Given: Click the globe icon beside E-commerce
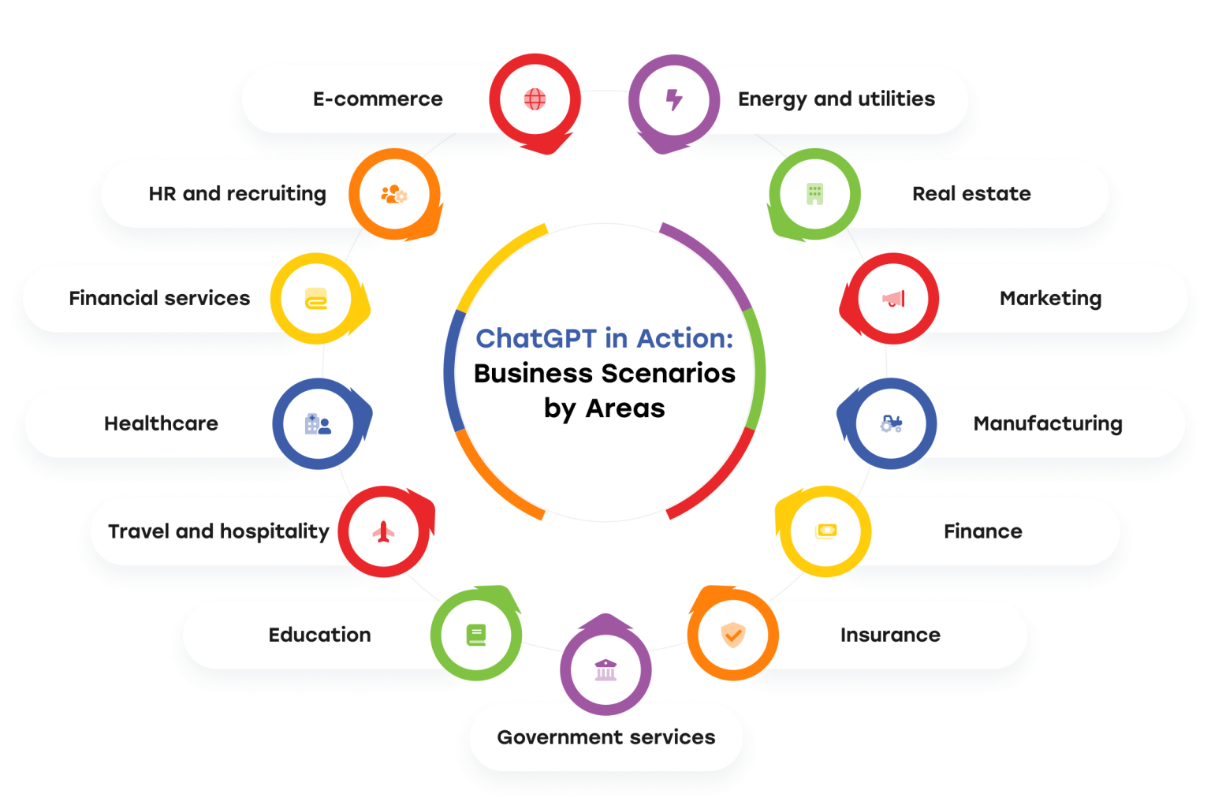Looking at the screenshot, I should point(535,99).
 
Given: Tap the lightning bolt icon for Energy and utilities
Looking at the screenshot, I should point(673,99).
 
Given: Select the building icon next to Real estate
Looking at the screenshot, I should point(814,194).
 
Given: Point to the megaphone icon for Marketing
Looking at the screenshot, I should point(893,299).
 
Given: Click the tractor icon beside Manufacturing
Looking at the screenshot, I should point(891,424).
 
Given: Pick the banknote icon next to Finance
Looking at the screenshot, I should point(825,531).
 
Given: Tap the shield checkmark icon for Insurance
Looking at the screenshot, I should point(733,635).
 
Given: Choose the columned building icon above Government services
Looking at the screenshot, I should point(605,670).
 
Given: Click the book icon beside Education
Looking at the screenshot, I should point(476,635).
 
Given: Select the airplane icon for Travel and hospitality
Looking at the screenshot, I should point(384,532).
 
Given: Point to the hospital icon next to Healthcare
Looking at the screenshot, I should point(318,424).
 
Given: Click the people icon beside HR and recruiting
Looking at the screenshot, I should point(393,194).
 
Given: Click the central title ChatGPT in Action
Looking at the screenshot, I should point(604,338).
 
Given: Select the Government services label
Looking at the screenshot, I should point(605,737).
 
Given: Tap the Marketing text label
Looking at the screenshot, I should point(1050,299).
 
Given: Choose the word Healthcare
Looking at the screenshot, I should point(161,423).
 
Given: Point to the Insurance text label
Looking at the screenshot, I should point(890,635).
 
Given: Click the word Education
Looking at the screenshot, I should point(319,635).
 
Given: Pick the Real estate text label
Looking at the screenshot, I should point(971,194).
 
